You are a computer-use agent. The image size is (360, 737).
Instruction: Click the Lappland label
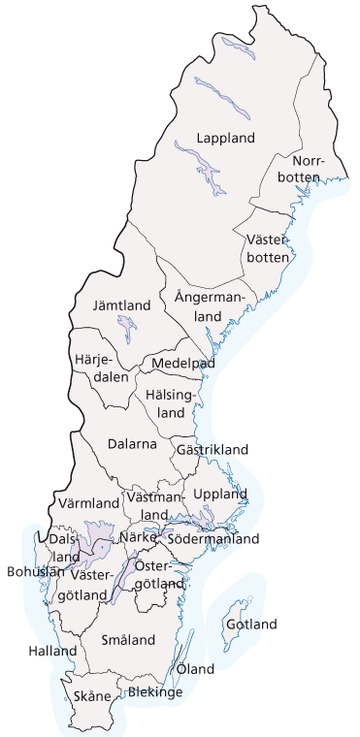coord(224,138)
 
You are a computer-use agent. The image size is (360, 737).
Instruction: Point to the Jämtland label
coord(121,305)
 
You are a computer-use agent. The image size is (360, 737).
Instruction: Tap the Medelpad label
coord(181,363)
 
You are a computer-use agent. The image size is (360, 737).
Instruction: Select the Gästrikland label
coord(213,449)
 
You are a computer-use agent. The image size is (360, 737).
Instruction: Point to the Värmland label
coord(88,503)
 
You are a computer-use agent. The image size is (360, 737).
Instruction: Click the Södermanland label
coord(213,538)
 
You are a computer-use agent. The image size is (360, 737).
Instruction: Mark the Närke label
coord(139,536)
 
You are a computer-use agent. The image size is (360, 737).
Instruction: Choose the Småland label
coord(129,640)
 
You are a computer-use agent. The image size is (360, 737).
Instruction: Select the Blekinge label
coord(155,692)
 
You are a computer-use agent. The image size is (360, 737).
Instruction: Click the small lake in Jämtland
coord(126,325)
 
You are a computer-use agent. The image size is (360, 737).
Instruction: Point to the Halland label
coord(52,651)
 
